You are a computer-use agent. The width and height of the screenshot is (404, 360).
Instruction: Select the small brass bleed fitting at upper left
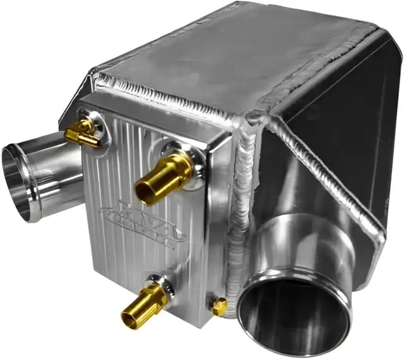tap(83, 132)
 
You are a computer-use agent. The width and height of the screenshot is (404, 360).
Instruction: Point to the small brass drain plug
tap(218, 307)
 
